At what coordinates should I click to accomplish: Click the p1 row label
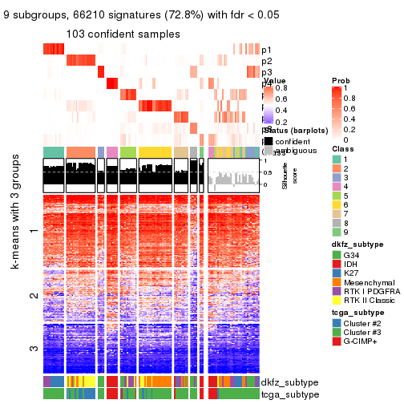(266, 50)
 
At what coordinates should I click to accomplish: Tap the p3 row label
(266, 73)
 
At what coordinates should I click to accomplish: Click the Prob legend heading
(340, 82)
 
